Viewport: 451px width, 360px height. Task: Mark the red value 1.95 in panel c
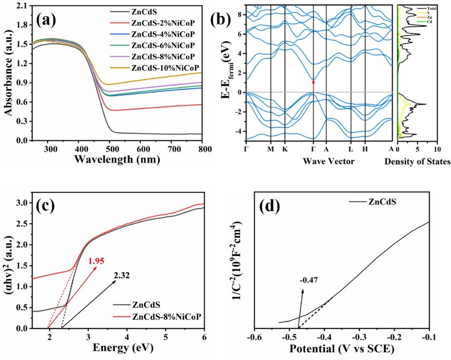click(x=95, y=261)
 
